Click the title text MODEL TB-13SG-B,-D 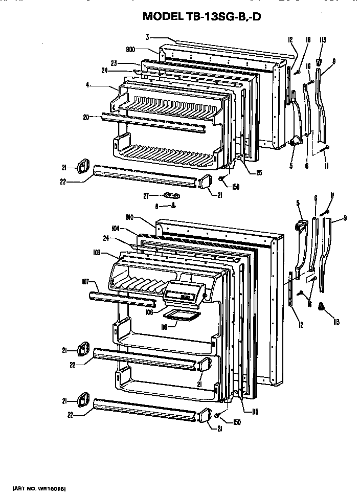point(205,16)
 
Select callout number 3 point(147,37)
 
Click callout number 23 point(114,63)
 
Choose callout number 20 point(85,117)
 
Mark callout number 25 point(259,172)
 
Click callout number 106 point(149,311)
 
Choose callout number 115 point(255,412)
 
